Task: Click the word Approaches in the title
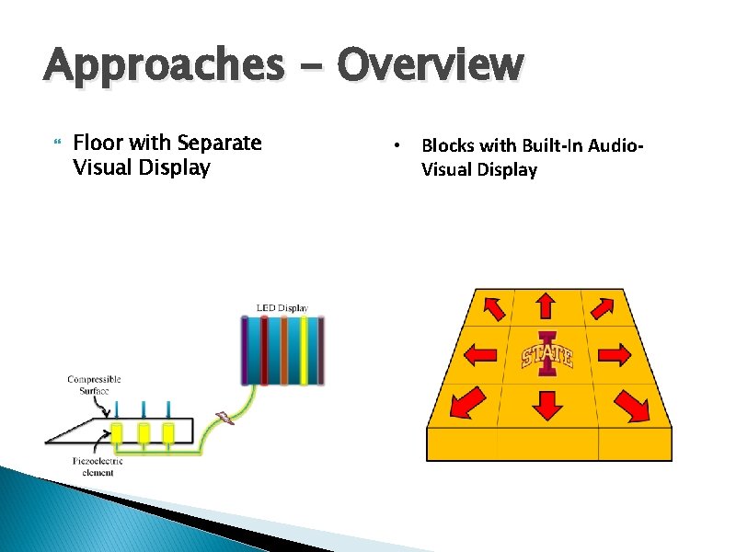pyautogui.click(x=164, y=67)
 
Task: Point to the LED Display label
pyautogui.click(x=281, y=308)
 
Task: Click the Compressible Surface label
pyautogui.click(x=94, y=385)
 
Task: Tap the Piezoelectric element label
pyautogui.click(x=96, y=466)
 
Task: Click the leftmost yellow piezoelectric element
pyautogui.click(x=117, y=433)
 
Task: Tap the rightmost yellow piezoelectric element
pyautogui.click(x=168, y=433)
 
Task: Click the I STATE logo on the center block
pyautogui.click(x=547, y=354)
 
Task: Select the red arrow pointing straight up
pyautogui.click(x=546, y=306)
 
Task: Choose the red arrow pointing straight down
pyautogui.click(x=547, y=404)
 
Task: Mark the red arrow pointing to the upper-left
pyautogui.click(x=493, y=307)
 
